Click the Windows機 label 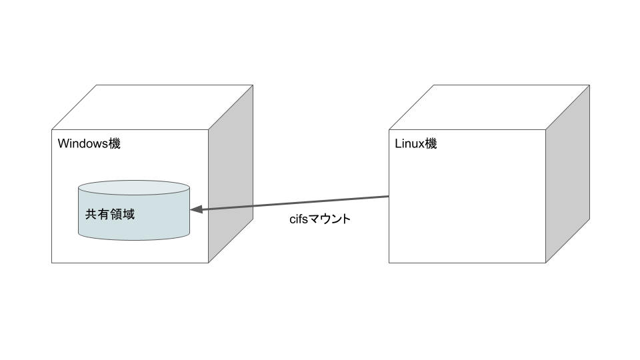coord(89,144)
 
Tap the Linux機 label coord(416,144)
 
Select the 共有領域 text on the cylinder coord(110,215)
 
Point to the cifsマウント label coord(319,219)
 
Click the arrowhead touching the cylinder coord(196,209)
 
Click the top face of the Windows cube coord(152,107)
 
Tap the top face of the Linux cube coord(489,107)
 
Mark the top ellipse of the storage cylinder coord(133,187)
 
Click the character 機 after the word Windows coord(115,144)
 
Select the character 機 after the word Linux coord(431,144)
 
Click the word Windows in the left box coord(83,144)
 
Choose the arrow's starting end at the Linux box coord(387,197)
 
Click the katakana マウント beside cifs coord(329,219)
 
